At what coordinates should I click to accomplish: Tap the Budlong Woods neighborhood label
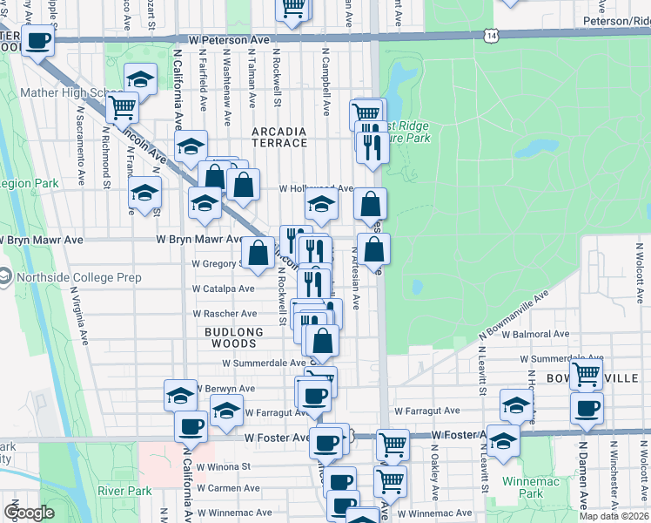tap(234, 338)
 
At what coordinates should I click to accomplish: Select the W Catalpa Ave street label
tap(224, 288)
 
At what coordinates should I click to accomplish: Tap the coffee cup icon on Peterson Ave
tap(37, 40)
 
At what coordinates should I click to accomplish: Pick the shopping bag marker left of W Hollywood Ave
tap(243, 184)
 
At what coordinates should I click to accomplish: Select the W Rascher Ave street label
tap(225, 313)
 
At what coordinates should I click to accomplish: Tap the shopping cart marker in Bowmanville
tap(586, 374)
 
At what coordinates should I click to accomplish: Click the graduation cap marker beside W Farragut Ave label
tap(226, 409)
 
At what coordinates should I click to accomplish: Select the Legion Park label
tap(30, 184)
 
